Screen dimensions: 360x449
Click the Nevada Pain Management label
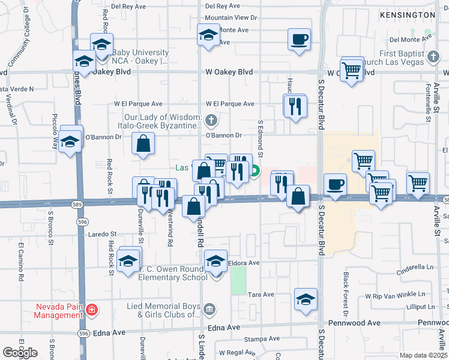coord(58,310)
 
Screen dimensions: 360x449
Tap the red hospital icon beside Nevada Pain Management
coord(91,310)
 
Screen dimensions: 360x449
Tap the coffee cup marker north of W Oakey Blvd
coord(299,40)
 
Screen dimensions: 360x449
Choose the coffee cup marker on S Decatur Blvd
coord(335,184)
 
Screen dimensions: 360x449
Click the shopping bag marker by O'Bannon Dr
coord(143,144)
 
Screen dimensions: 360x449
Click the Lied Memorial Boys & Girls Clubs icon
coord(208,310)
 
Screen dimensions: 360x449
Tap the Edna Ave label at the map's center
coord(223,328)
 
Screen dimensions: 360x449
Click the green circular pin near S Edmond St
coord(255,172)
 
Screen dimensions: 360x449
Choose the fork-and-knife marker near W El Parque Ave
coord(295,106)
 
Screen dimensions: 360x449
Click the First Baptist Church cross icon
coord(433,55)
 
